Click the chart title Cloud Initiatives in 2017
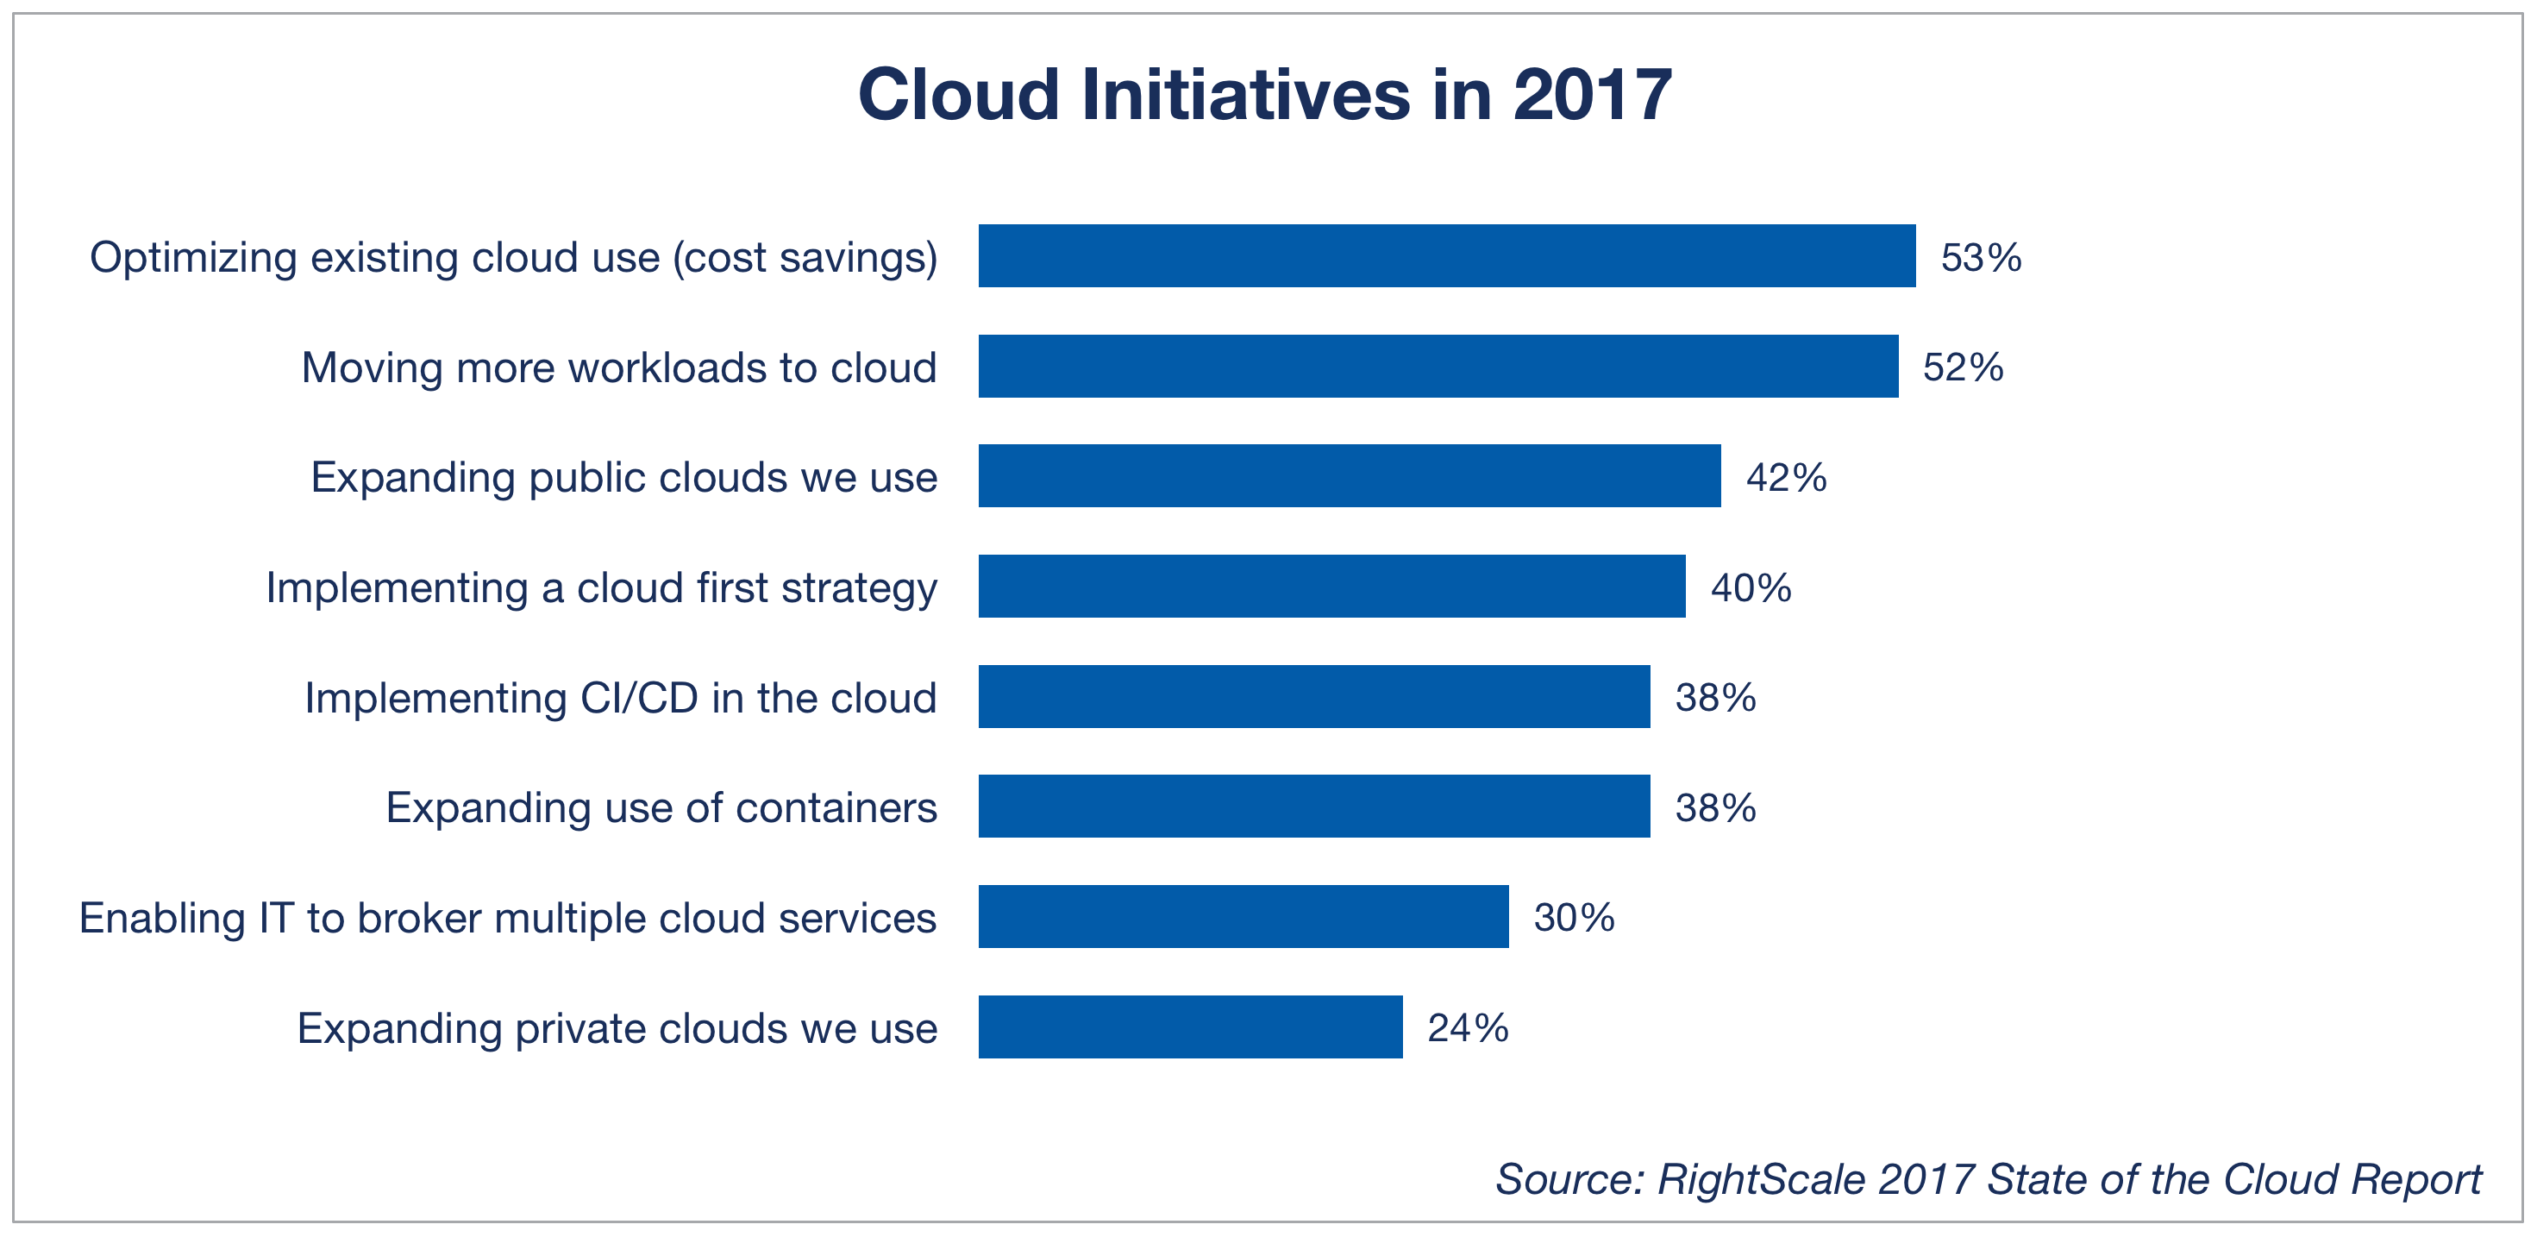pyautogui.click(x=1264, y=96)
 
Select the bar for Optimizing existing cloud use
pyautogui.click(x=1446, y=256)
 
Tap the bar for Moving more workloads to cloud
pyautogui.click(x=1438, y=367)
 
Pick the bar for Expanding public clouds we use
pyautogui.click(x=1350, y=477)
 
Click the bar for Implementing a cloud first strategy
pyautogui.click(x=1331, y=587)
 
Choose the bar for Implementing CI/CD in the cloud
pyautogui.click(x=1314, y=697)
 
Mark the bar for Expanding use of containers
pyautogui.click(x=1314, y=807)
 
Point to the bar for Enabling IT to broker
pyautogui.click(x=1243, y=917)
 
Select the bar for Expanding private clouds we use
pyautogui.click(x=1190, y=1027)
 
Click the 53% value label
pyautogui.click(x=1981, y=258)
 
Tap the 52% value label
pyautogui.click(x=1963, y=368)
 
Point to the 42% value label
pyautogui.click(x=1786, y=479)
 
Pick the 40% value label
pyautogui.click(x=1750, y=589)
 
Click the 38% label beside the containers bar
pyautogui.click(x=1714, y=808)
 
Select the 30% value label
pyautogui.click(x=1573, y=919)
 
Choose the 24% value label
pyautogui.click(x=1468, y=1029)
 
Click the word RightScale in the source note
pyautogui.click(x=1760, y=1180)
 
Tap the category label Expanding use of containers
pyautogui.click(x=661, y=808)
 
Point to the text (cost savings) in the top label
pyautogui.click(x=805, y=258)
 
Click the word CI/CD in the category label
pyautogui.click(x=639, y=698)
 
